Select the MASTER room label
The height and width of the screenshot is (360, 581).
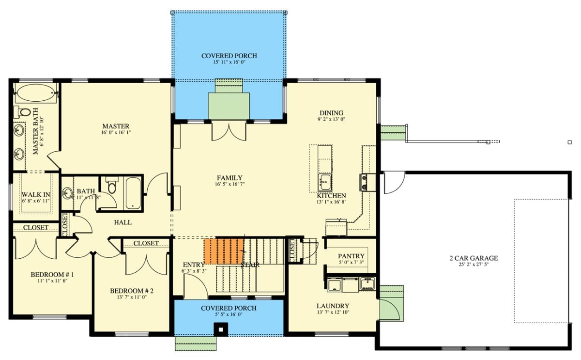tap(115, 126)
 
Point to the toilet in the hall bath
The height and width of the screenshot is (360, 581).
tap(112, 186)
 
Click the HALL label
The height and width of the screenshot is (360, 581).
tap(122, 222)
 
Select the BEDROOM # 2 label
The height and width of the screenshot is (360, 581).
tap(132, 291)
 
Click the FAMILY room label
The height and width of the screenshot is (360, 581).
tap(229, 178)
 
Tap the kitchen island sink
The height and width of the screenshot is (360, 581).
tap(325, 183)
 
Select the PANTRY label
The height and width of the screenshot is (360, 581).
tap(351, 256)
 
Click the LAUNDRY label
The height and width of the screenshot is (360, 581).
tap(333, 306)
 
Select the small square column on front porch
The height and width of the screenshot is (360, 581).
tap(221, 329)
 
